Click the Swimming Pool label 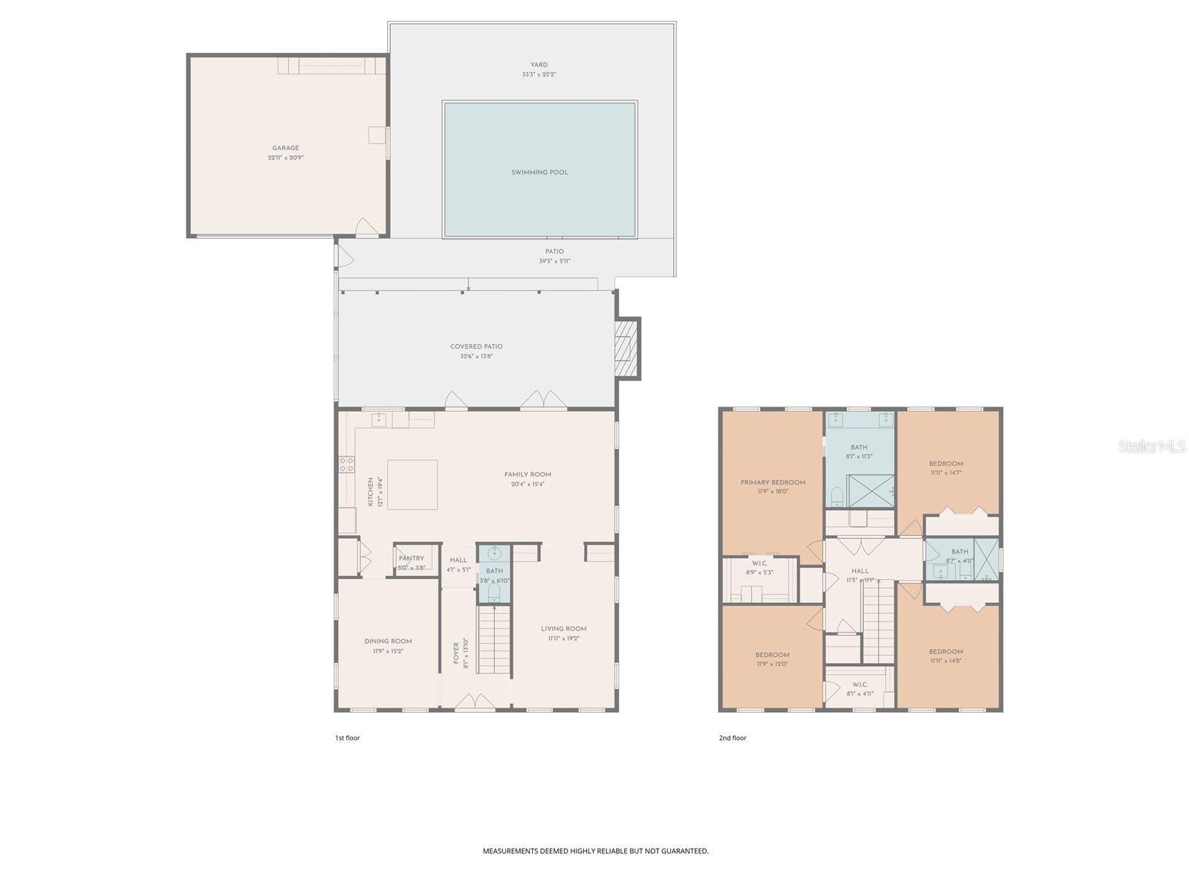539,172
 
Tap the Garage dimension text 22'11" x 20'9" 285,158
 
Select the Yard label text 539,65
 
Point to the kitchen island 412,484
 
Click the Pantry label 411,558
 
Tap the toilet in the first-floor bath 494,592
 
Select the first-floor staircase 493,639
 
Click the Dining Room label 388,641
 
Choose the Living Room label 563,629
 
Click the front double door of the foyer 475,702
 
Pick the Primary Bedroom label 773,482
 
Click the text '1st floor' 347,738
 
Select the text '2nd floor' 733,738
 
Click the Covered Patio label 476,346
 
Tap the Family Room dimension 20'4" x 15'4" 528,484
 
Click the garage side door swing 366,228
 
